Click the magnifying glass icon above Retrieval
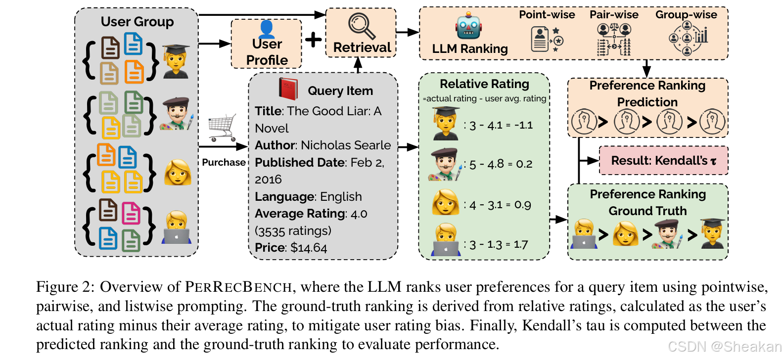tap(362, 26)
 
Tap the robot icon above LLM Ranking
tap(468, 27)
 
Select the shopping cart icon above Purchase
tap(223, 127)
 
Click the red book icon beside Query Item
tap(288, 89)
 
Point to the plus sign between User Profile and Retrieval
tap(313, 40)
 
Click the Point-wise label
tap(547, 15)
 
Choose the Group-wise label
tap(686, 15)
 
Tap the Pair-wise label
tap(614, 15)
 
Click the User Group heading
tap(137, 22)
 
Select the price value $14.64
tap(309, 248)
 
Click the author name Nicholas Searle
tap(346, 145)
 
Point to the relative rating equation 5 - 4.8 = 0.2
tap(500, 164)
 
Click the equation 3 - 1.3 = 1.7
tap(499, 245)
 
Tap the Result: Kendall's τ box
tap(663, 161)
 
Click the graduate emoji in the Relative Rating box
tap(446, 123)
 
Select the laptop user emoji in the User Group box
tap(176, 228)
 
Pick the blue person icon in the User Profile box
tap(266, 29)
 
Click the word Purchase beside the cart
tap(224, 163)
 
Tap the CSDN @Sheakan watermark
tap(724, 347)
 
